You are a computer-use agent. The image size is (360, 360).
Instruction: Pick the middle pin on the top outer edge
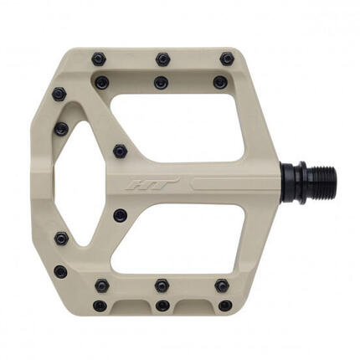coord(162,59)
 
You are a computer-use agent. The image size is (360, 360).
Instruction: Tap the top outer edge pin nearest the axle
coord(227,59)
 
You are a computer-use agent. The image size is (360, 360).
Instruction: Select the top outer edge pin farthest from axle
coord(99,59)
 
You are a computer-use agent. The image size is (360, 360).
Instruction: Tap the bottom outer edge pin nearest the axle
coord(225,306)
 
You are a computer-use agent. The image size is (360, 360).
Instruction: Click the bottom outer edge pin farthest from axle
coord(100,306)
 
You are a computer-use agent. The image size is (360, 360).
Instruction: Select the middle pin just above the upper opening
coord(161,83)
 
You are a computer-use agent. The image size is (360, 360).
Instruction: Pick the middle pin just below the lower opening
coord(162,285)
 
